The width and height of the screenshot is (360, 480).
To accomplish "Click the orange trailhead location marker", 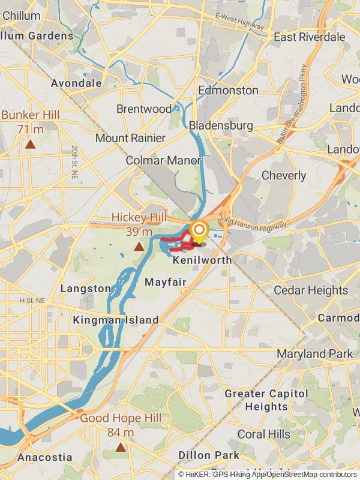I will (x=199, y=230).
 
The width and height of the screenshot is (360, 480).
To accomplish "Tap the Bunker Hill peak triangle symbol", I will (x=30, y=144).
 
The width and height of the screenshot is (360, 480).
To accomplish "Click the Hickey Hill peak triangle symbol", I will (x=139, y=247).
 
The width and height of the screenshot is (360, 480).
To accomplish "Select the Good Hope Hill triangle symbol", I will (x=121, y=447).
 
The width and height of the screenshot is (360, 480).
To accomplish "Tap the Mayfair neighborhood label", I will (x=165, y=281).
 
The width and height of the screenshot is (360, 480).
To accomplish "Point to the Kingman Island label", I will (x=116, y=320).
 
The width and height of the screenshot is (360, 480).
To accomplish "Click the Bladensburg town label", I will (x=221, y=125).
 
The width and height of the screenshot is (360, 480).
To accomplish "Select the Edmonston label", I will (x=228, y=90).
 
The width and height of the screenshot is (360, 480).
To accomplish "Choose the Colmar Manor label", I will (x=163, y=161).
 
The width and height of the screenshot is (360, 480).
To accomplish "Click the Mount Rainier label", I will (x=130, y=138).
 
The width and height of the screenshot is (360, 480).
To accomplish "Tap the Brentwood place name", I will (x=144, y=109).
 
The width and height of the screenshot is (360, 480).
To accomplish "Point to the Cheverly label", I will (x=284, y=176).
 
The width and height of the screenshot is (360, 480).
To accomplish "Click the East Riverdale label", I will (x=310, y=37).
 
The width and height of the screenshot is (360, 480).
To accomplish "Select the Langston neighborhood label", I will (x=86, y=289).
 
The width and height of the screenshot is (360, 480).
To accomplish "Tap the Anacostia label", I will (x=45, y=457).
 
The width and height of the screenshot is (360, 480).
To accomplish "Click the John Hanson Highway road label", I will (x=253, y=223).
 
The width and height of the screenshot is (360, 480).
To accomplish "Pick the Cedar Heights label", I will (x=311, y=290).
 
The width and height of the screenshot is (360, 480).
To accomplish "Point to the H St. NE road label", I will (x=32, y=300).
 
